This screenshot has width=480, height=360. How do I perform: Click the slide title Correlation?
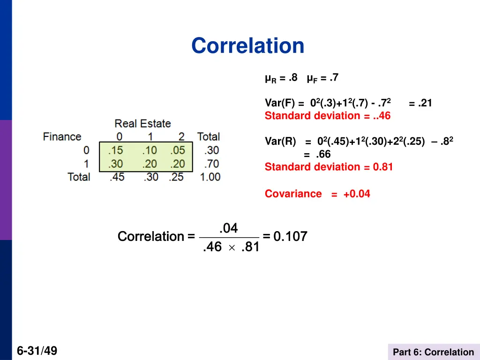coord(247,46)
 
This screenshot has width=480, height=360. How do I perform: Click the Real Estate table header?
coord(142,124)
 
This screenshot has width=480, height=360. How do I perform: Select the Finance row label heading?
coord(62,137)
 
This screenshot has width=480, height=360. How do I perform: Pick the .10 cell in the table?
coord(150,150)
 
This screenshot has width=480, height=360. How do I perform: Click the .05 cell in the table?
coord(177,150)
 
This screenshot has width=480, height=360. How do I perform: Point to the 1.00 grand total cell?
coord(209,177)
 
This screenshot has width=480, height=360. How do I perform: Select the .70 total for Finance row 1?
coord(211,164)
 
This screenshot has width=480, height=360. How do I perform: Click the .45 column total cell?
coord(116,177)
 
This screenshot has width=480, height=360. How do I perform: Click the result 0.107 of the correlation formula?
coord(290,237)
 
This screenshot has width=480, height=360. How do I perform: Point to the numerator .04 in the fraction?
coord(229,228)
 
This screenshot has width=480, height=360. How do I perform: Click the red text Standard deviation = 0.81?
coord(329,167)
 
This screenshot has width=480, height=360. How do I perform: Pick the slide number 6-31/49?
coord(37,351)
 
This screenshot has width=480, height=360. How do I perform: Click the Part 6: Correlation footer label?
coord(433,352)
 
